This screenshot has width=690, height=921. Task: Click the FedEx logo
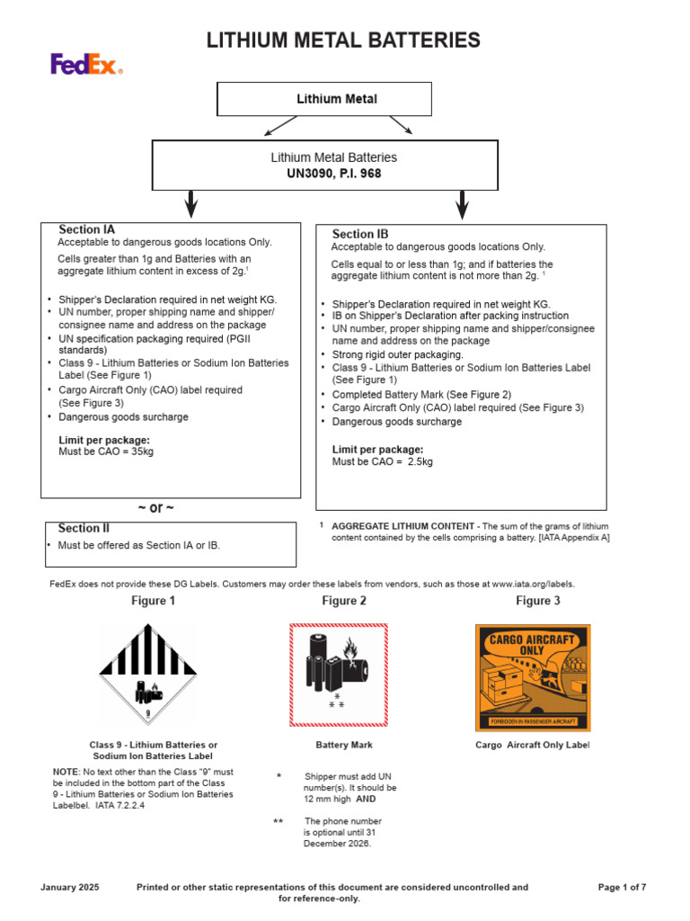coord(86,64)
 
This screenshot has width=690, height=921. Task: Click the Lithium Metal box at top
coord(324,99)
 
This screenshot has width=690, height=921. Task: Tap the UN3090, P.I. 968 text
coord(333,174)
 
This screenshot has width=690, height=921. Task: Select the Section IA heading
coord(87,229)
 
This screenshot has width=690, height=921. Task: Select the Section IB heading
coord(360,234)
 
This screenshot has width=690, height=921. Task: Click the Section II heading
coord(84,528)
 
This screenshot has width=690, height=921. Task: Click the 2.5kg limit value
coord(416,461)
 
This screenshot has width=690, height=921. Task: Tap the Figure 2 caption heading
coord(344,601)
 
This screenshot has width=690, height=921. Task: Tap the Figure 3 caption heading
coord(538,601)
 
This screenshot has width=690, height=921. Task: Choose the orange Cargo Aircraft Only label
coord(532,677)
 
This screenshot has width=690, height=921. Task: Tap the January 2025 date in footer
coord(71,887)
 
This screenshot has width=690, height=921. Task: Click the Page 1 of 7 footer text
coord(622,887)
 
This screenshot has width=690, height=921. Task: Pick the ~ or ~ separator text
coord(155,508)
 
